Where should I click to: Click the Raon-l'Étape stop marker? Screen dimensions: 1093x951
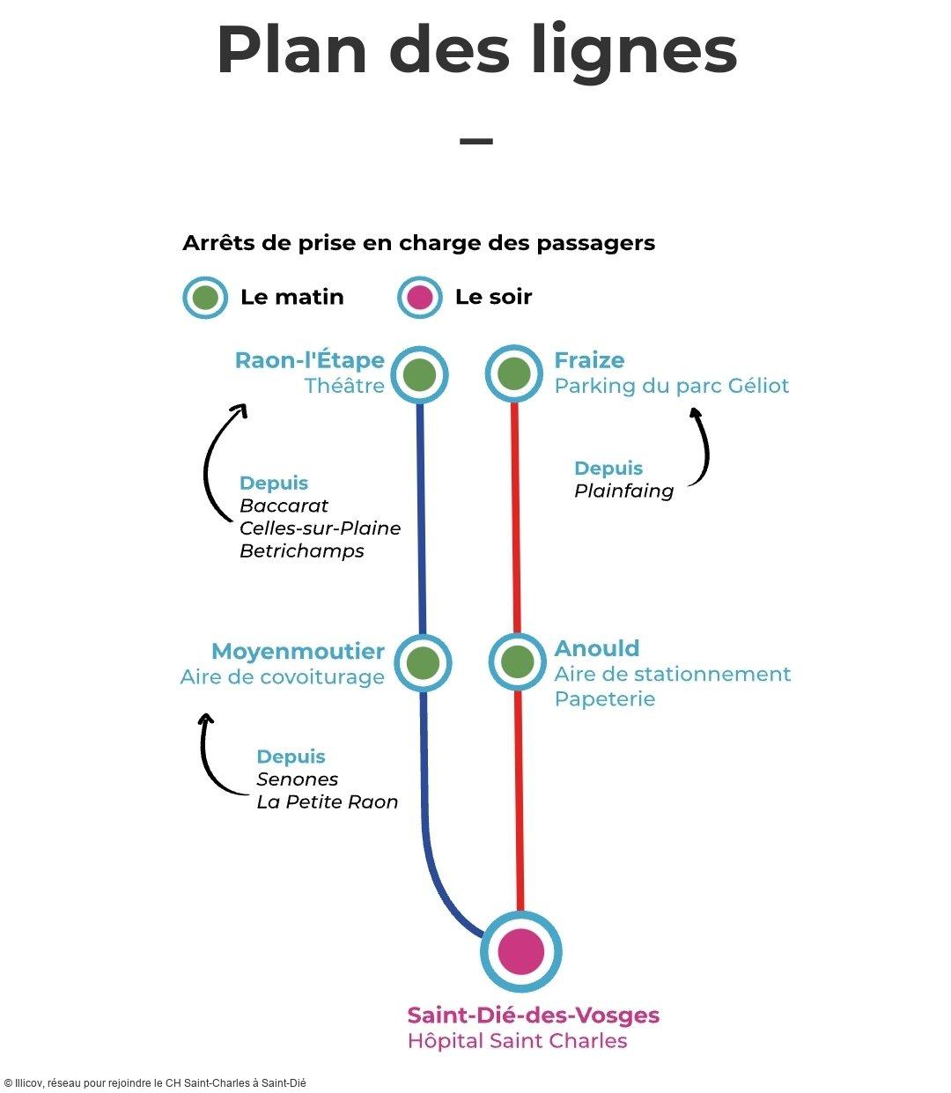(419, 374)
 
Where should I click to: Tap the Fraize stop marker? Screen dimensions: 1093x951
(514, 373)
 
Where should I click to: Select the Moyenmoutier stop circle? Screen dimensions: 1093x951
(423, 662)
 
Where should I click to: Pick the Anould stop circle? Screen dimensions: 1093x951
(518, 661)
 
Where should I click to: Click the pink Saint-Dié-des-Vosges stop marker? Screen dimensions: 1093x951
(521, 951)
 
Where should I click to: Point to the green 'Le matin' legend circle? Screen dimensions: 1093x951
(205, 298)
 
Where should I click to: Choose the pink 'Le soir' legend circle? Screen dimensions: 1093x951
(420, 298)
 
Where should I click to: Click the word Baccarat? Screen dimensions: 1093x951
(284, 506)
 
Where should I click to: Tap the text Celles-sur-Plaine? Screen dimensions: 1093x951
(320, 528)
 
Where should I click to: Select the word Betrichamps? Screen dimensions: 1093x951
(301, 551)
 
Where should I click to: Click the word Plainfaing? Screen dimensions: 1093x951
(623, 491)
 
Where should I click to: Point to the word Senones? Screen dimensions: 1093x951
(297, 779)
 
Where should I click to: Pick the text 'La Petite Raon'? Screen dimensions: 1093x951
(327, 802)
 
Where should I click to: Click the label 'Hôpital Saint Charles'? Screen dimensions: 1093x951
(517, 1041)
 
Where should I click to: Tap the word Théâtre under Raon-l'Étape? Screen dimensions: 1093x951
(344, 386)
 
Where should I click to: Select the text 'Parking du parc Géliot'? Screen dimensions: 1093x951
(671, 386)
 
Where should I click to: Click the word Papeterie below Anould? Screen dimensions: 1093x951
(604, 699)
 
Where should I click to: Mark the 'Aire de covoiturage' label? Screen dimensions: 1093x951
(282, 677)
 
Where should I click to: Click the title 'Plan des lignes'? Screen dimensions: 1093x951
(475, 50)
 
